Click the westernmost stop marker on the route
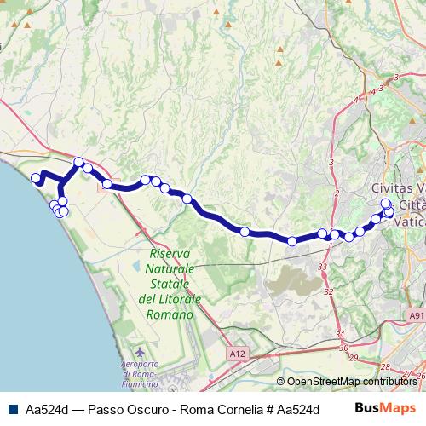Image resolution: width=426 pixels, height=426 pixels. tap(37, 178)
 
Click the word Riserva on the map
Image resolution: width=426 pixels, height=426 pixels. tap(170, 255)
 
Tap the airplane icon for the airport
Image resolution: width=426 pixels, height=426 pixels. tap(141, 351)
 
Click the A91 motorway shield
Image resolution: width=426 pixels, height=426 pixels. tap(416, 316)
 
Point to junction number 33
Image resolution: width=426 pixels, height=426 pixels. tap(323, 268)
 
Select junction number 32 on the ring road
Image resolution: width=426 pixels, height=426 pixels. tap(328, 291)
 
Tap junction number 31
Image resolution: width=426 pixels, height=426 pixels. tap(340, 334)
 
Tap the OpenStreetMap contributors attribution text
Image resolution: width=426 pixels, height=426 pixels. tap(352, 382)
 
